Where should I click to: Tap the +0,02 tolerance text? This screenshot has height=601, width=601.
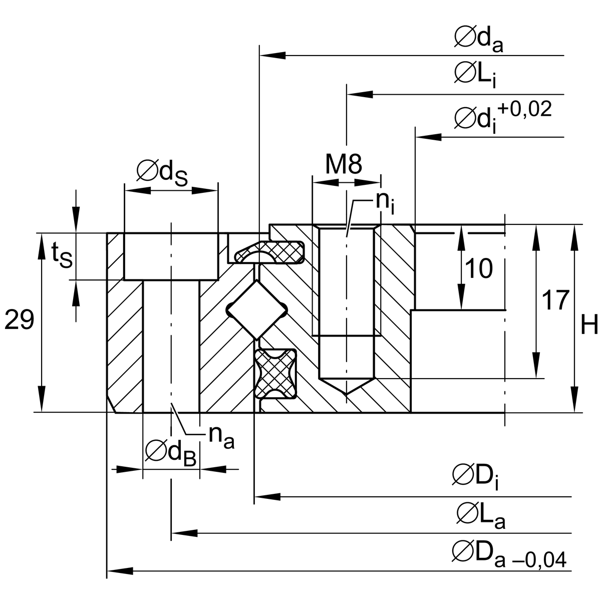pos(523,110)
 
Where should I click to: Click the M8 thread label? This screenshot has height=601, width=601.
pos(344,164)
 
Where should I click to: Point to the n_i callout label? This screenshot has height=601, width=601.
pos(385,203)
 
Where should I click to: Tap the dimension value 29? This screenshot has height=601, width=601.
pos(19,320)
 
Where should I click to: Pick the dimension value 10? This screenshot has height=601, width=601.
pos(478,269)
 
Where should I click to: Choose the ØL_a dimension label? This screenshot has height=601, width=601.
pos(480,515)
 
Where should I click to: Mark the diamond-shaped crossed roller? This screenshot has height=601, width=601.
pos(256,310)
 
